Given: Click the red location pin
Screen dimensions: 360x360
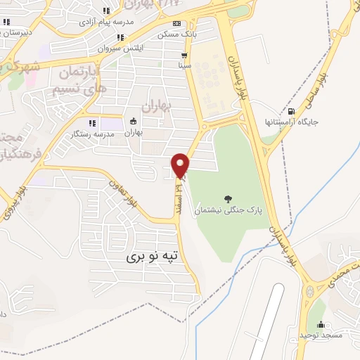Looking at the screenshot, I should coord(181,165).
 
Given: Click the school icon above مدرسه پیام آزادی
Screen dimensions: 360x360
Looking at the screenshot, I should coord(106,11).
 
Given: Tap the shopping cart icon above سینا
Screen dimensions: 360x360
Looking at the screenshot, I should coord(184,55).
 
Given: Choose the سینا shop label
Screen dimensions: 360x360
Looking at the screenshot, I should coord(184,65).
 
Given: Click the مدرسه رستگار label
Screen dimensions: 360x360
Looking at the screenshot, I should coord(92,134).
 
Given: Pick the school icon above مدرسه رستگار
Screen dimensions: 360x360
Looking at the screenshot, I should coord(92,123).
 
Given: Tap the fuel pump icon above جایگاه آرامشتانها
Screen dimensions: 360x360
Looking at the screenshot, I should coord(291,110).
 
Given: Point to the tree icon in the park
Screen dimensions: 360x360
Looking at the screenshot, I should coord(227,198).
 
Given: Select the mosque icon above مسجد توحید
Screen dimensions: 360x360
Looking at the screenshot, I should coord(321,324).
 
